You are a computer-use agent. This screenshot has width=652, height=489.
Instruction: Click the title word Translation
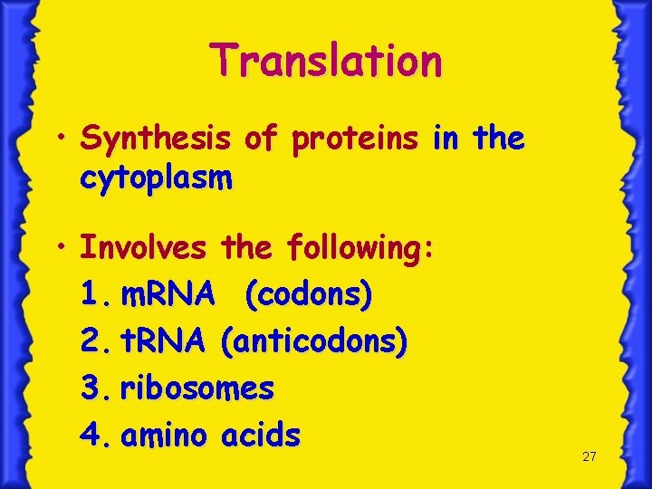point(327,61)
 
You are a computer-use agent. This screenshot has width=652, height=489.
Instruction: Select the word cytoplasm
point(156,178)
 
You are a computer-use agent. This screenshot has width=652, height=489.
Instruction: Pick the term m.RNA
point(168,293)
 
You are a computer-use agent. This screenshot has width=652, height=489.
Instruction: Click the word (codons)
point(308,293)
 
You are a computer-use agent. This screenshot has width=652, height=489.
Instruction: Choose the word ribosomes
point(197,388)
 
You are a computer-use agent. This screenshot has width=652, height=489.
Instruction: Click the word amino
point(165,436)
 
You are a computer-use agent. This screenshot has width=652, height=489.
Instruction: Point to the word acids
point(261,436)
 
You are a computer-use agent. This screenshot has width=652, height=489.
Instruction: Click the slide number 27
point(590,456)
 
